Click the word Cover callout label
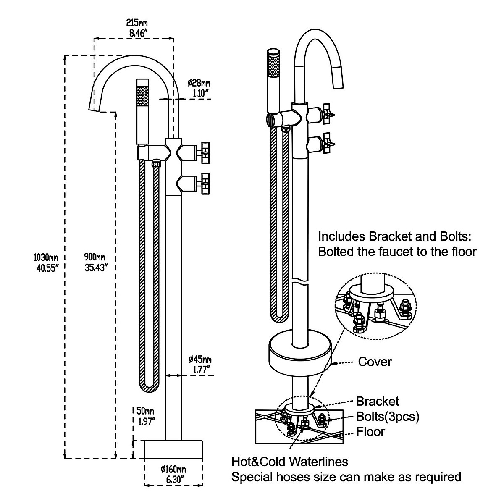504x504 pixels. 375,362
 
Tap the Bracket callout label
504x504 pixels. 377,402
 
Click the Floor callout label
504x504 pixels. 370,431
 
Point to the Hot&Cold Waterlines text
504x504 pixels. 290,462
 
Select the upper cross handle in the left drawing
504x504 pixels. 205,152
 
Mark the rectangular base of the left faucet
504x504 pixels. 173,450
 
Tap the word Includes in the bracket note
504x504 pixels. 341,236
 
